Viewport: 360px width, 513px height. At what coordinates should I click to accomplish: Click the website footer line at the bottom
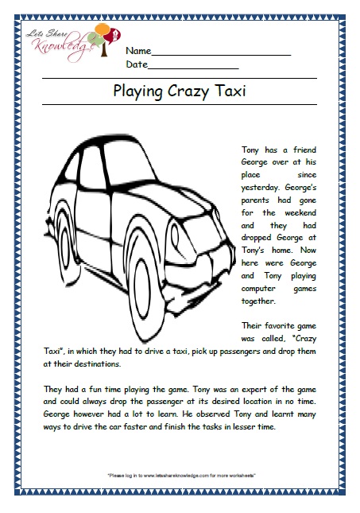(180, 476)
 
